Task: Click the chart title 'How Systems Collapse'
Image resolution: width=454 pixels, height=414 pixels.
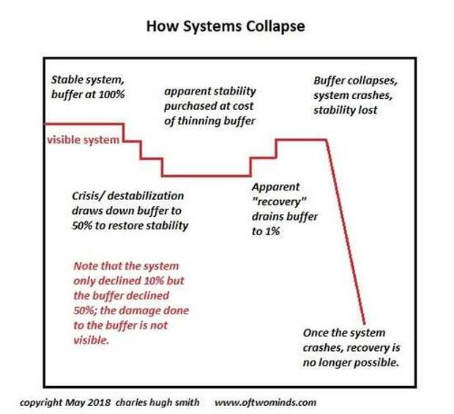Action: (x=226, y=27)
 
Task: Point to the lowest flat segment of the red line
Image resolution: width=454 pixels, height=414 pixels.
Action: (x=206, y=175)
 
